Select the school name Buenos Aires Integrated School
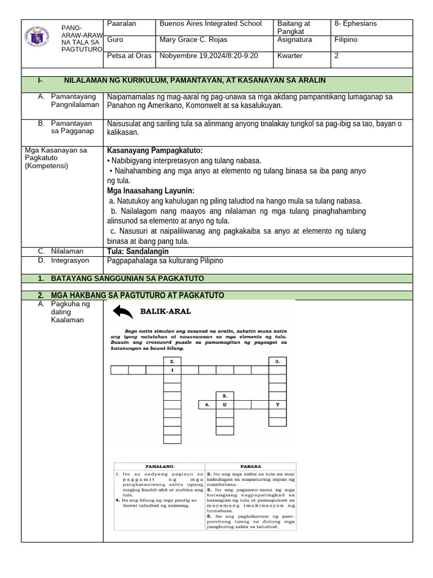click(x=210, y=24)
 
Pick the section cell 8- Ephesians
click(x=355, y=24)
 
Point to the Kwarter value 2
click(x=337, y=56)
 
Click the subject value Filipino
click(x=346, y=40)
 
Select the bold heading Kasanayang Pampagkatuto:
click(x=154, y=151)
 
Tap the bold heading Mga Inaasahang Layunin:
click(x=151, y=191)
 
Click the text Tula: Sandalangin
click(x=138, y=251)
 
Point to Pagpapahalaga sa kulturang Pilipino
click(x=165, y=261)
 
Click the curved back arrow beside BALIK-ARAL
click(x=123, y=312)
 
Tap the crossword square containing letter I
click(x=172, y=370)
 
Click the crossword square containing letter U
click(x=225, y=405)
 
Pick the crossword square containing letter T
click(x=277, y=405)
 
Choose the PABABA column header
click(x=250, y=466)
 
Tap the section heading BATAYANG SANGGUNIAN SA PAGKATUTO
click(x=127, y=279)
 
